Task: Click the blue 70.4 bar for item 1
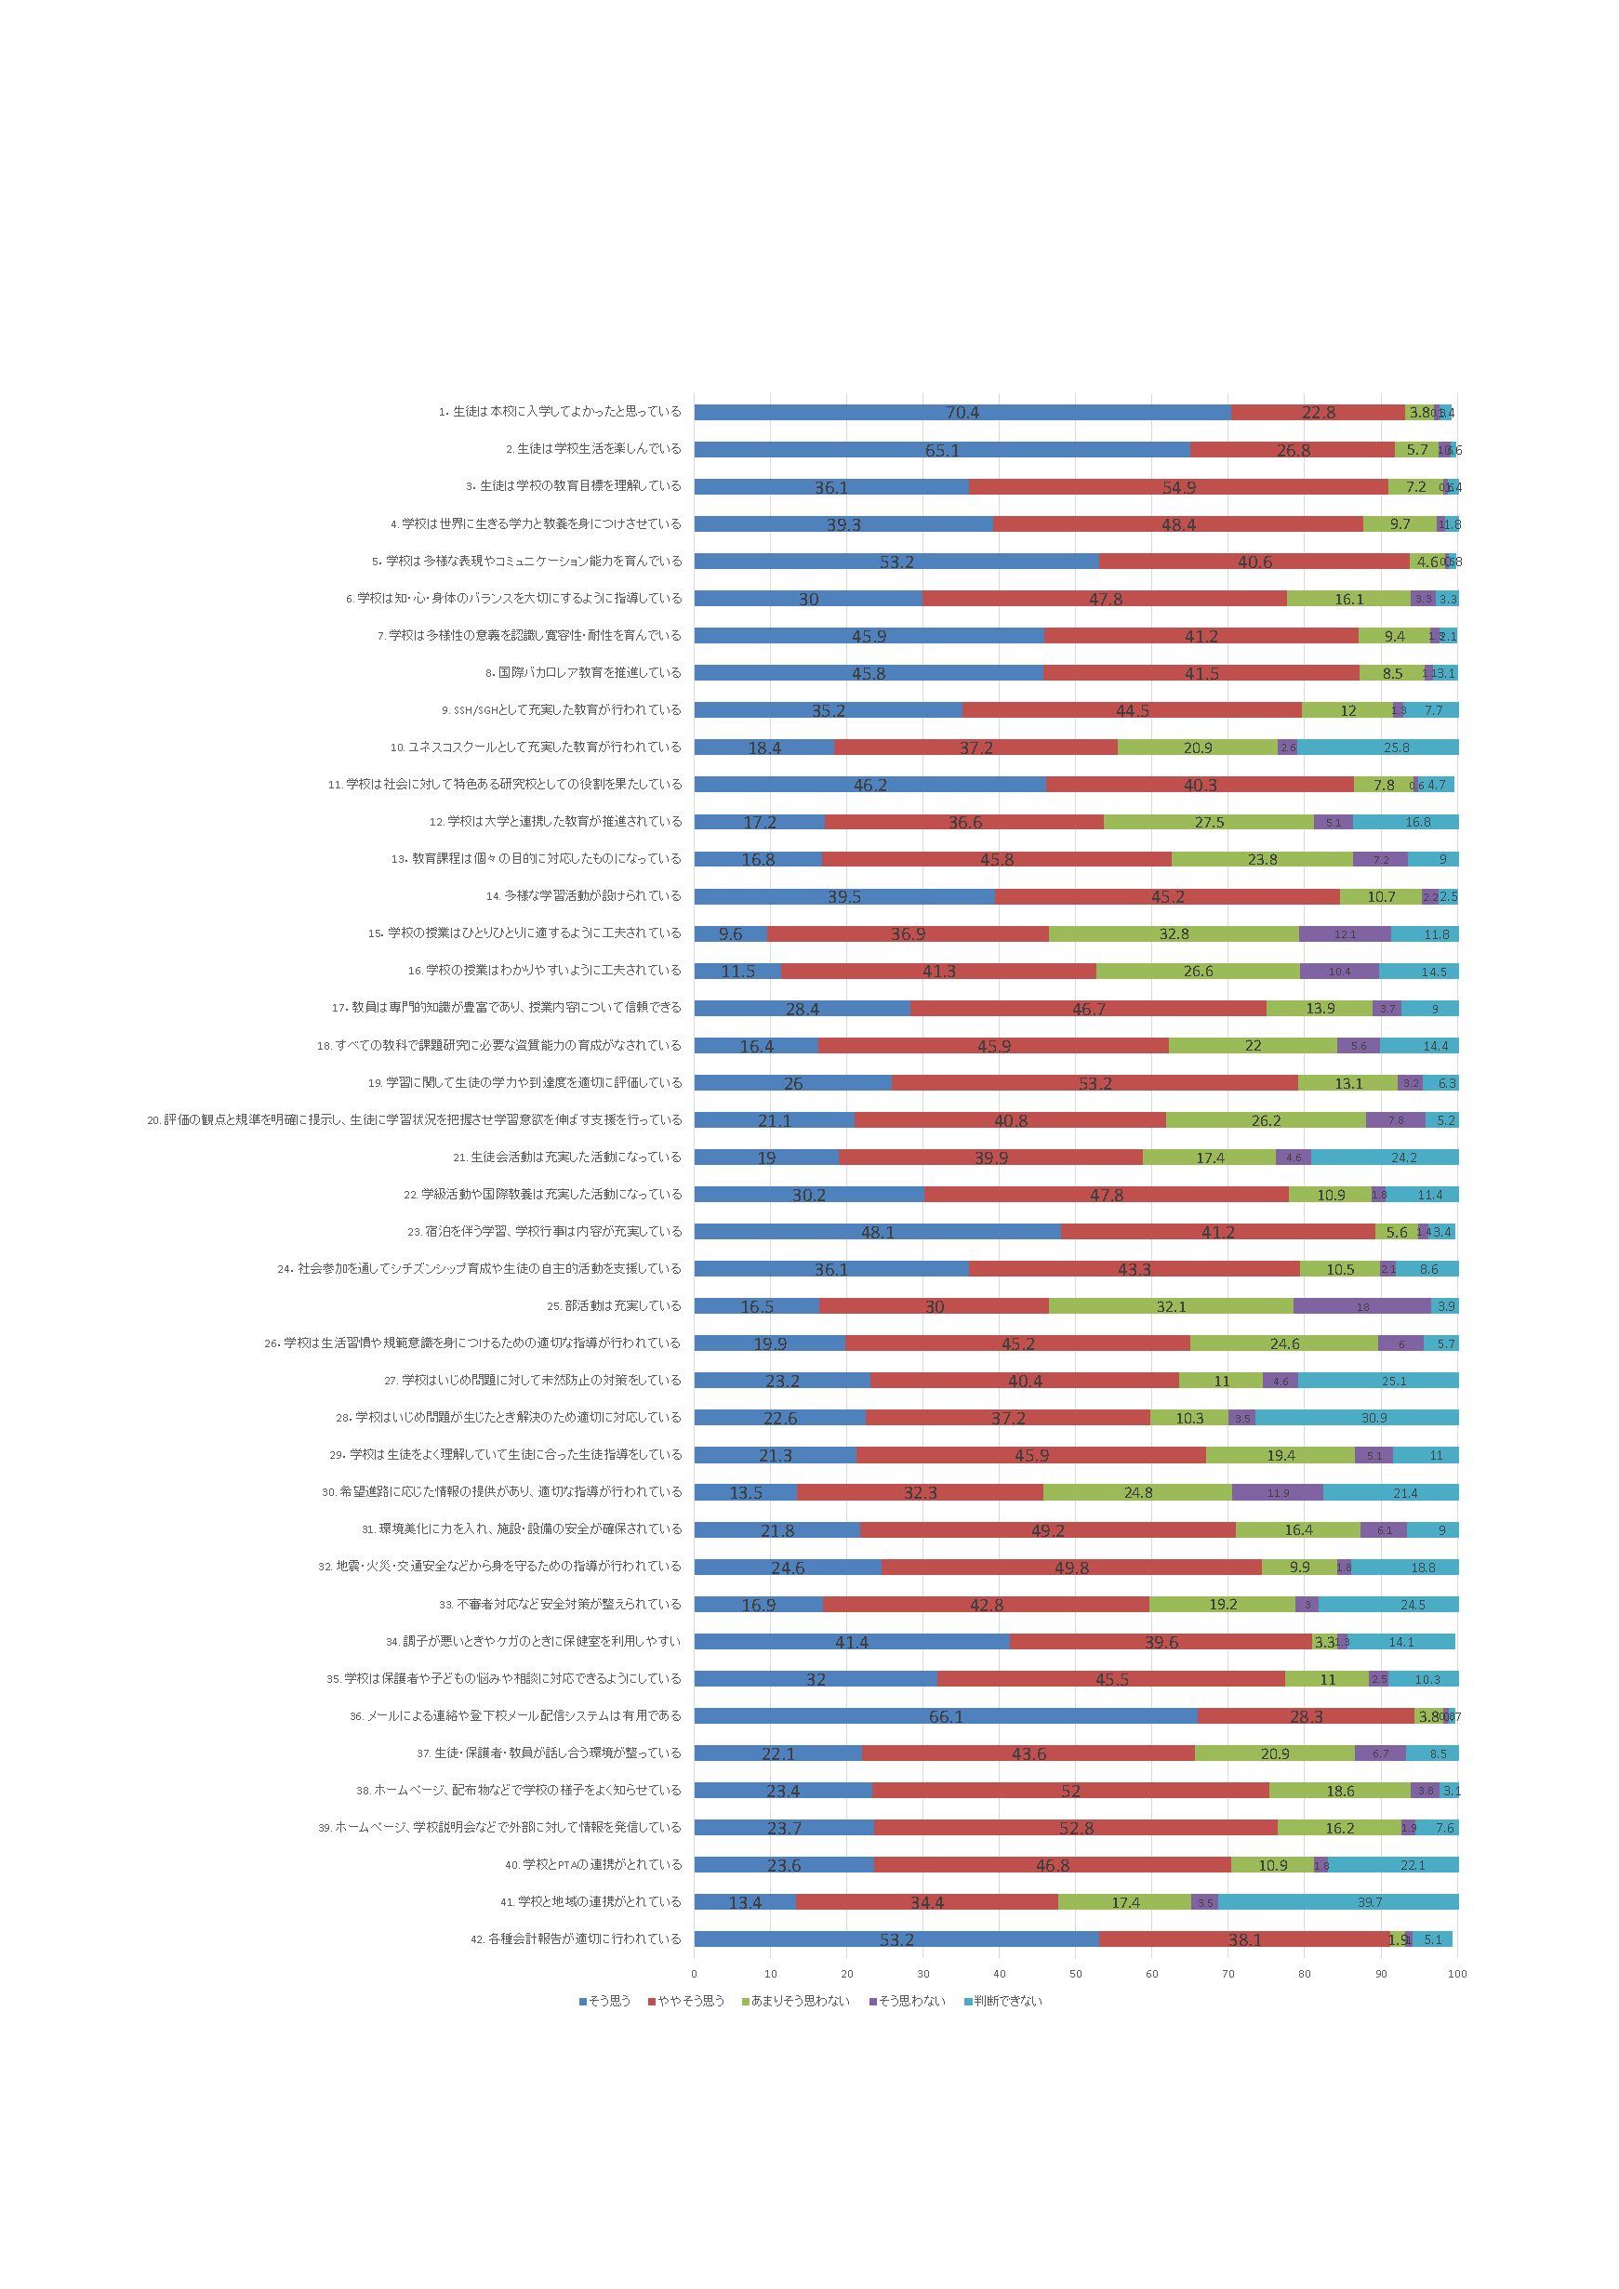[962, 412]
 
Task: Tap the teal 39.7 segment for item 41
[1338, 1902]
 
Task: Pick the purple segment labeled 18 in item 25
[1361, 1306]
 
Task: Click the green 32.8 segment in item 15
[1174, 934]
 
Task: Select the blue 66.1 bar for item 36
[945, 1715]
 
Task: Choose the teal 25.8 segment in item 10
[1378, 748]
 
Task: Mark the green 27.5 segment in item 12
[1208, 823]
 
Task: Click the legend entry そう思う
[605, 2001]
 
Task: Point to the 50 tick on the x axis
[1076, 1974]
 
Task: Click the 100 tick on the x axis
[1456, 1974]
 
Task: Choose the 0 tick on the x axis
[695, 1974]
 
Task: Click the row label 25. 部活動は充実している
[614, 1306]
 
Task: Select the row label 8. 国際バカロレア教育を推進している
[583, 673]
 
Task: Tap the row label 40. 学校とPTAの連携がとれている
[593, 1864]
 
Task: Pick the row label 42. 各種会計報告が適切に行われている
[577, 1939]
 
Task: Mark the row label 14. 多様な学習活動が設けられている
[583, 896]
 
